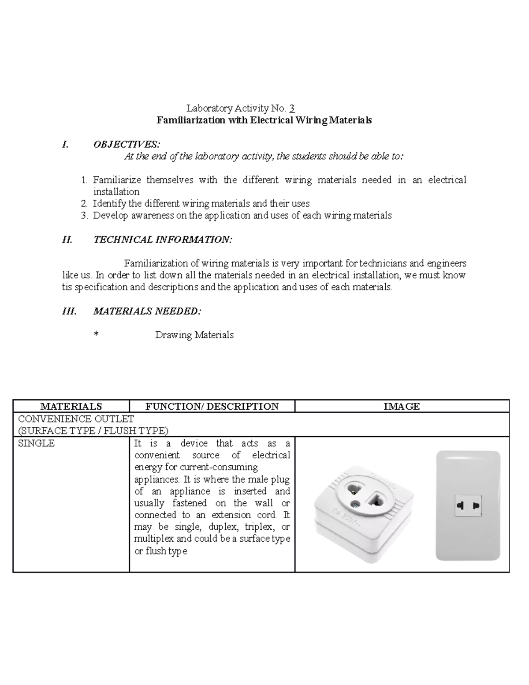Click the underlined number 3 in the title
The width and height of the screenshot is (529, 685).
[x=292, y=108]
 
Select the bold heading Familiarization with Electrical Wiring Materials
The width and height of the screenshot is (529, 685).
[x=264, y=120]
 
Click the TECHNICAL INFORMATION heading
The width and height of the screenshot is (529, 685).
[x=162, y=240]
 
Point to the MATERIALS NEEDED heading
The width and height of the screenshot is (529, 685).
[x=147, y=311]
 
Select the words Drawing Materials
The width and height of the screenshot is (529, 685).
[x=194, y=335]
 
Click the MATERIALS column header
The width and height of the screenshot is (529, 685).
[x=71, y=406]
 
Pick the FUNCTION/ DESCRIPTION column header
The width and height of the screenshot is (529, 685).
[x=212, y=406]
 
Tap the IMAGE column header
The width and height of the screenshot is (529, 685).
[x=402, y=406]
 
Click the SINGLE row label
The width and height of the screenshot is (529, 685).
[x=36, y=443]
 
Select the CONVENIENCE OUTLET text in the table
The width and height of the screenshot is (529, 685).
[x=76, y=419]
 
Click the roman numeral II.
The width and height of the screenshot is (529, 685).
[x=67, y=240]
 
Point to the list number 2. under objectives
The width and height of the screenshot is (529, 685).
[x=84, y=203]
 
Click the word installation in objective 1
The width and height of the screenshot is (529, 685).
[x=116, y=191]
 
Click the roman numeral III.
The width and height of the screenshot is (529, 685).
[x=69, y=311]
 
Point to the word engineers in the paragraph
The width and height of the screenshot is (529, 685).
[x=446, y=263]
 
